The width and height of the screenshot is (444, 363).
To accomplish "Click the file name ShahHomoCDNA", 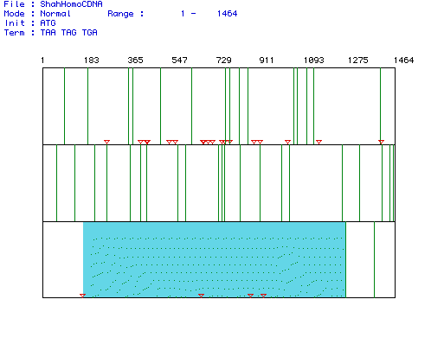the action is pyautogui.click(x=71, y=4).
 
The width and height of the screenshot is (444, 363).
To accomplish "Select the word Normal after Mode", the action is pyautogui.click(x=55, y=14).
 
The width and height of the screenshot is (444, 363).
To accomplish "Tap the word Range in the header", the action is pyautogui.click(x=120, y=14).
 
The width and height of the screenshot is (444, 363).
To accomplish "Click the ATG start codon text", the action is pyautogui.click(x=48, y=23).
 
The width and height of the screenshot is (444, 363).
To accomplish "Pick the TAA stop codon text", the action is pyautogui.click(x=48, y=33).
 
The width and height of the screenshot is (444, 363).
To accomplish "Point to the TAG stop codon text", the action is pyautogui.click(x=69, y=33).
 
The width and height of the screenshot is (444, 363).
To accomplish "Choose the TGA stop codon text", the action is pyautogui.click(x=90, y=33).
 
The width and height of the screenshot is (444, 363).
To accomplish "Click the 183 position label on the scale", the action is pyautogui.click(x=92, y=60).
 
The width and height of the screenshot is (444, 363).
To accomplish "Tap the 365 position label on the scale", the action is pyautogui.click(x=135, y=60).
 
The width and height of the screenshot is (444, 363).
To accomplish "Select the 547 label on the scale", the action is pyautogui.click(x=179, y=60).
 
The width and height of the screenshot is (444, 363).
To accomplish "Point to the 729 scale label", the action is pyautogui.click(x=223, y=60).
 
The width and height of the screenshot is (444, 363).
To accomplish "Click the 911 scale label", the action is pyautogui.click(x=267, y=60).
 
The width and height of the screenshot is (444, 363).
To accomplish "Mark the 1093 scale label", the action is pyautogui.click(x=314, y=60).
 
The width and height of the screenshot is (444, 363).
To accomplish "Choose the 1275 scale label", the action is pyautogui.click(x=357, y=60).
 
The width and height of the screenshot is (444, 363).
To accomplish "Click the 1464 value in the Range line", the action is pyautogui.click(x=228, y=14).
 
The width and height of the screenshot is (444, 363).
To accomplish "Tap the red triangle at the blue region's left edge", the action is pyautogui.click(x=82, y=296).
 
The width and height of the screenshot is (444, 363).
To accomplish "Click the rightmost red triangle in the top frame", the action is pyautogui.click(x=381, y=142).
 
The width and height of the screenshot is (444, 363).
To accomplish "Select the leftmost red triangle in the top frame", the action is pyautogui.click(x=106, y=142).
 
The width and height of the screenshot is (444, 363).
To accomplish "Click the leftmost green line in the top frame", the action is pyautogui.click(x=64, y=106).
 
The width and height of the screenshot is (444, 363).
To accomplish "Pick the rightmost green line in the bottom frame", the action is pyautogui.click(x=374, y=259).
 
